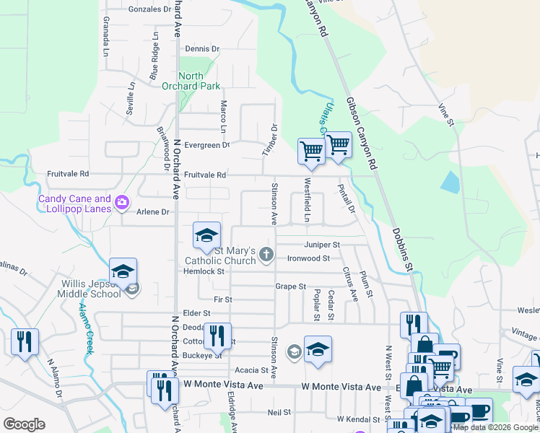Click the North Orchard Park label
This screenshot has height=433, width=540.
pyautogui.click(x=199, y=81)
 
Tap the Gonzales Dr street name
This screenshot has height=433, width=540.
pyautogui.click(x=150, y=10)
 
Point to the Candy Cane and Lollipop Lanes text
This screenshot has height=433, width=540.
pyautogui.click(x=74, y=204)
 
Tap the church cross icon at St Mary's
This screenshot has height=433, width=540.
pyautogui.click(x=266, y=253)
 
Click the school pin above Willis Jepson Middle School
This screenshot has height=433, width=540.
pyautogui.click(x=123, y=271)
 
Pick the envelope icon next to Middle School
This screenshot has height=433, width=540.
pyautogui.click(x=133, y=290)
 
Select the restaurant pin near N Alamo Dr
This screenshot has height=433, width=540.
pyautogui.click(x=25, y=341)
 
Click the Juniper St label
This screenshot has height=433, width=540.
pyautogui.click(x=321, y=245)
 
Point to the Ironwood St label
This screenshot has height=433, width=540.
pyautogui.click(x=308, y=258)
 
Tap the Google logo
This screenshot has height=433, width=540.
pyautogui.click(x=25, y=424)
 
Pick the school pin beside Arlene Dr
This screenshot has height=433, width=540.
pyautogui.click(x=206, y=235)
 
